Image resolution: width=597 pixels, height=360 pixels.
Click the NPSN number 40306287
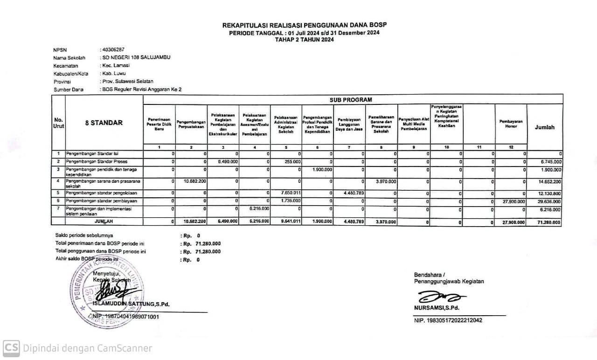tap(114, 49)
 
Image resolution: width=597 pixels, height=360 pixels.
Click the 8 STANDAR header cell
tap(104, 123)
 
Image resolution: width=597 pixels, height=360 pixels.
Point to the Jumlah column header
tap(545, 127)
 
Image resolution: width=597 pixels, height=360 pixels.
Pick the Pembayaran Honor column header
tap(511, 124)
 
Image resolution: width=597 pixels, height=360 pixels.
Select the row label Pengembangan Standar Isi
tap(92, 154)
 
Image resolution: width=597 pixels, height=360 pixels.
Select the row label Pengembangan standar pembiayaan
tap(98, 201)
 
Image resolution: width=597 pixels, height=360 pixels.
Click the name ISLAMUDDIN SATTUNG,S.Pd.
tap(131, 305)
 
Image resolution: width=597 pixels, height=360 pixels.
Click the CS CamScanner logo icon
tap(11, 348)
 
